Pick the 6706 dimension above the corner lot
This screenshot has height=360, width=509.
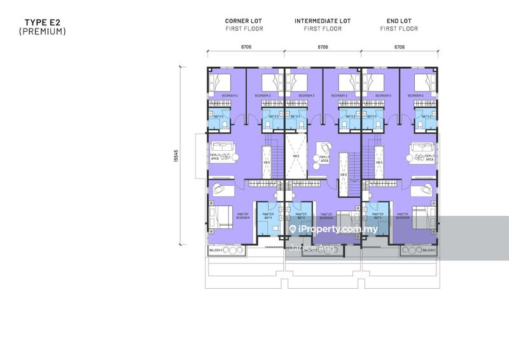point(244,46)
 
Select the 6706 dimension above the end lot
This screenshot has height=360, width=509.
point(400,46)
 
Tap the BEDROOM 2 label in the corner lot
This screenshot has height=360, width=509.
point(229,95)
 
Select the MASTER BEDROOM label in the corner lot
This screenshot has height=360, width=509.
point(242,216)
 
